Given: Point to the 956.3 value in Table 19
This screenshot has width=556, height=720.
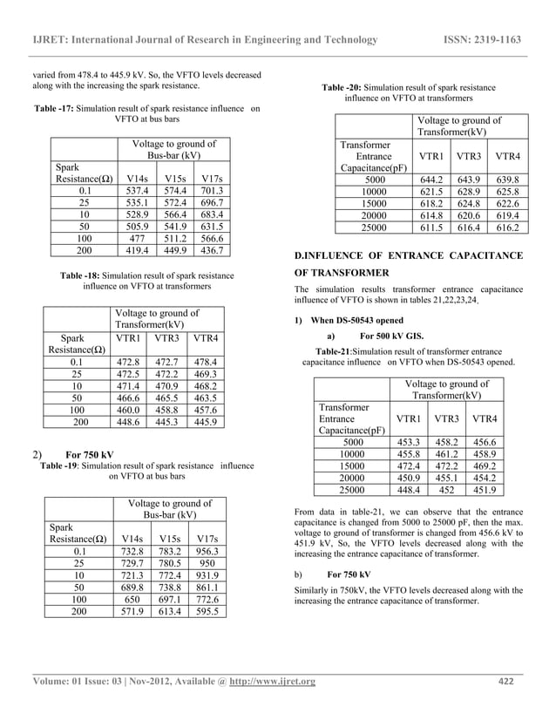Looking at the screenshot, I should click(209, 551).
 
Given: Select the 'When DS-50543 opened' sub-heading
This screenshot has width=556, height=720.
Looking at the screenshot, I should click(357, 320).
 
